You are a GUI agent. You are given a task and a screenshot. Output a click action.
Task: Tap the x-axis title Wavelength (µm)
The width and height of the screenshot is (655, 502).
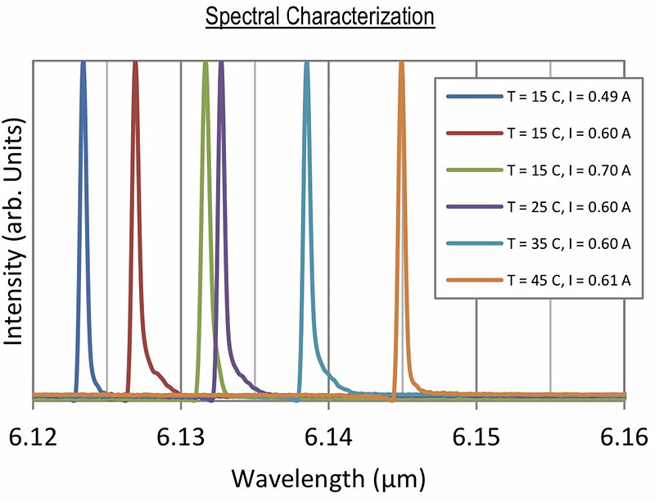point(328,476)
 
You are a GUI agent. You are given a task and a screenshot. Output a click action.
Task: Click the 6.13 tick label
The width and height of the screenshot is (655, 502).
point(180,432)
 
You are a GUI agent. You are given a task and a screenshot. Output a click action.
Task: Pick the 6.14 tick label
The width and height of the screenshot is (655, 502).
point(328,432)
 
